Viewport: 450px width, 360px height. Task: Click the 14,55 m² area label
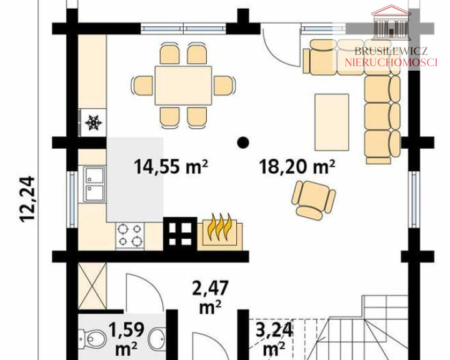[x=171, y=167]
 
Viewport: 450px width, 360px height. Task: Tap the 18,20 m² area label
[x=297, y=167]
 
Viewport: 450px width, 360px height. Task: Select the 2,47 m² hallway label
[x=211, y=297]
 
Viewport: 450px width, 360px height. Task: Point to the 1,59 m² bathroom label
[x=126, y=339]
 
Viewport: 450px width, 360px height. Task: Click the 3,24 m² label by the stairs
[x=274, y=339]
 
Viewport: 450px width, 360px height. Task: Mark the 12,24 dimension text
[x=27, y=199]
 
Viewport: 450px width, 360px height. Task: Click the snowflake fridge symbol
[x=94, y=122]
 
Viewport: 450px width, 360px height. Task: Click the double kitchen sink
[x=94, y=184]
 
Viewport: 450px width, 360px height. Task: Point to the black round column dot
[x=242, y=142]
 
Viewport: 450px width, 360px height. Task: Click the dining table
[x=183, y=86]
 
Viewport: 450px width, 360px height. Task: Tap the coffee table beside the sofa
[x=332, y=122]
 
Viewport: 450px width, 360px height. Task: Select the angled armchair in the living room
[x=313, y=199]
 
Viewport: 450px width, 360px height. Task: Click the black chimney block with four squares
[x=180, y=234]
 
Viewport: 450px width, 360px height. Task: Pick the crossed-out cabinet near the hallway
[x=92, y=286]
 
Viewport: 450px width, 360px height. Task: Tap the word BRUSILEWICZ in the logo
[x=391, y=51]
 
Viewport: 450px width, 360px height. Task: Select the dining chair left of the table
[x=142, y=85]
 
